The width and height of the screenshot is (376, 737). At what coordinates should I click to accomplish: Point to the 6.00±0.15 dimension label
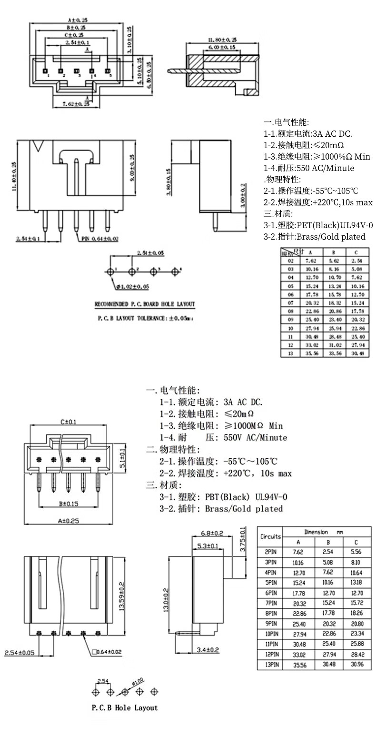[222, 47]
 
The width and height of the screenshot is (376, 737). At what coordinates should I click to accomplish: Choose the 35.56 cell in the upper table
[311, 353]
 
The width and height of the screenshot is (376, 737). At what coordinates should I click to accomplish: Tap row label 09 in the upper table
[290, 320]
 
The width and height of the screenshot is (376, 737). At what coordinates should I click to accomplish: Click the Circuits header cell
[270, 536]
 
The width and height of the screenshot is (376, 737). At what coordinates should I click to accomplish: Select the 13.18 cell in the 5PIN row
[356, 582]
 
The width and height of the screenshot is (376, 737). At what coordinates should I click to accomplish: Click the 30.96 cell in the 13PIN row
[356, 664]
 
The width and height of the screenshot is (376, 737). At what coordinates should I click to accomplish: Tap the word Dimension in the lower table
[317, 532]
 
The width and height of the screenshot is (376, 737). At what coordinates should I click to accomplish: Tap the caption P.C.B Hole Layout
[125, 707]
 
